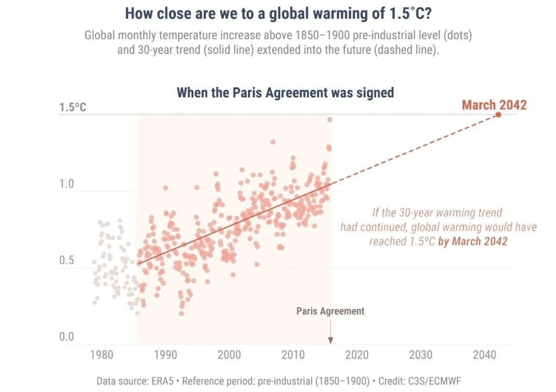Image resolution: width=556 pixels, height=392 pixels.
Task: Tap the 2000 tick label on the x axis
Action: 229,355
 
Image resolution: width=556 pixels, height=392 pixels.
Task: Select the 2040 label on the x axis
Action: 484,355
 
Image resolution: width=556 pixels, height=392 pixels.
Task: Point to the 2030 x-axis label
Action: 421,355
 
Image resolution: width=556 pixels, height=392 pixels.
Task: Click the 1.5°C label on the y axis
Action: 73,107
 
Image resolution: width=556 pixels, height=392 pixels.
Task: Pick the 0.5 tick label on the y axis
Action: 66,261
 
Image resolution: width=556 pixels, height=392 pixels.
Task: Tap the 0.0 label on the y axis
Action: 66,337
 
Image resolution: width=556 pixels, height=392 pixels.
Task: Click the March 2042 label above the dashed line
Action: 494,105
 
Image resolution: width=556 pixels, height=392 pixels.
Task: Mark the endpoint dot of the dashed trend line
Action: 498,115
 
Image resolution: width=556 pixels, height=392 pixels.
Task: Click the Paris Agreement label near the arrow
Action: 330,311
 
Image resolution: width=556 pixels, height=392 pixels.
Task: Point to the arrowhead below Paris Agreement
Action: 331,340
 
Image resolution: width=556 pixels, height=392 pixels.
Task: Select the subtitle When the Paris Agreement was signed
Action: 285,92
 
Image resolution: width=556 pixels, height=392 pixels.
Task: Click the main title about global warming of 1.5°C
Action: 279,13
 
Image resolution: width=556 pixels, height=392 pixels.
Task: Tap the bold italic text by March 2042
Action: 472,241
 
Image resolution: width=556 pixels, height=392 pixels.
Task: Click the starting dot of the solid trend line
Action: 140,263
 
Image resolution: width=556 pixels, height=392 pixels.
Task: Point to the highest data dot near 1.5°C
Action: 330,119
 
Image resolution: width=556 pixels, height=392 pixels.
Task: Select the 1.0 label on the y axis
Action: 66,184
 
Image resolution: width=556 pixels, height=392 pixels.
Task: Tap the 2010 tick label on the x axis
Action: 293,355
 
